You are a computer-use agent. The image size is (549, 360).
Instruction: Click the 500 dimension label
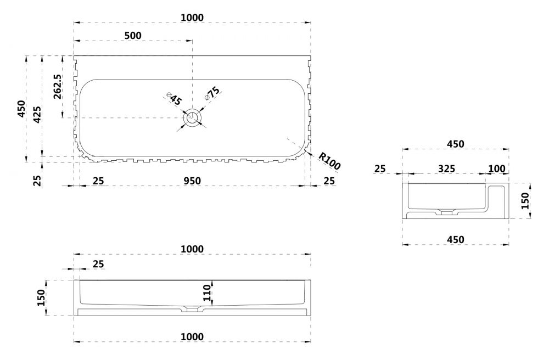133,36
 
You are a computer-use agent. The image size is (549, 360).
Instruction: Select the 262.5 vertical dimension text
58,86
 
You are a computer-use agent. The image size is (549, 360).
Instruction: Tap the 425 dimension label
36,114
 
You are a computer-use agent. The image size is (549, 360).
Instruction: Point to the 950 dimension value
192,181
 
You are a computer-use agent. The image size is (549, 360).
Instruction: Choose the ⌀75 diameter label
212,93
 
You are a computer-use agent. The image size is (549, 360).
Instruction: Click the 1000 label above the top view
192,18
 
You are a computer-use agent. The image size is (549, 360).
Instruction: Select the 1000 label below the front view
192,336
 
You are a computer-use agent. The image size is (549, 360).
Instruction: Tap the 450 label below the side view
455,239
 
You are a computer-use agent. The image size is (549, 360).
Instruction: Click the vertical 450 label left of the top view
21,109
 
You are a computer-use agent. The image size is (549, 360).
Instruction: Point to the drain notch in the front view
192,309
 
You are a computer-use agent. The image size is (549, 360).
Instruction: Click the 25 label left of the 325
380,168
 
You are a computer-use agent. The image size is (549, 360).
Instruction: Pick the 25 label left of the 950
98,181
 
